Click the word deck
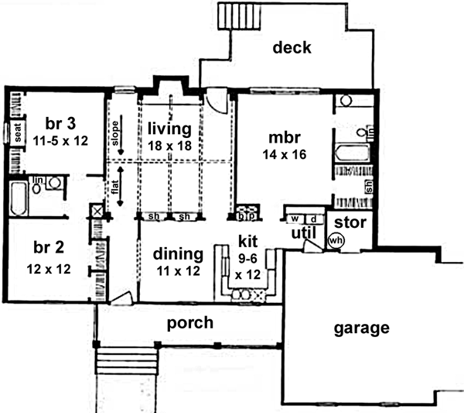(292, 48)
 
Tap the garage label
(360, 328)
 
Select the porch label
(189, 322)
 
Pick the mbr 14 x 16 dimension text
(285, 154)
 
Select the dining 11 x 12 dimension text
(176, 273)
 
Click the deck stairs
(230, 16)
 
